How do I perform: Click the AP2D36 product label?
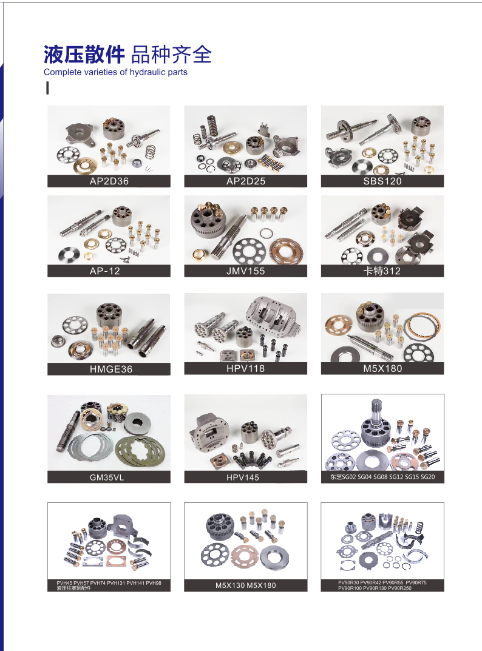tap(109, 181)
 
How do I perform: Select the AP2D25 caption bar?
tap(245, 181)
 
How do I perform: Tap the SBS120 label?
tap(382, 181)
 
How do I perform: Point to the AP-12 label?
tap(109, 271)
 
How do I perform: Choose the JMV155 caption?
tap(245, 271)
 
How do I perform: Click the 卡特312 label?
tap(382, 271)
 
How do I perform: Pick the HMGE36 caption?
tap(109, 369)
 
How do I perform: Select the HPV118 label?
tap(245, 368)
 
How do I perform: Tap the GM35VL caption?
tap(109, 477)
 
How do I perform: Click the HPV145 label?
tap(245, 477)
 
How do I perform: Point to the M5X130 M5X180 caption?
tap(245, 585)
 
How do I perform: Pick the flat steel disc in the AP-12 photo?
tap(71, 253)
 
